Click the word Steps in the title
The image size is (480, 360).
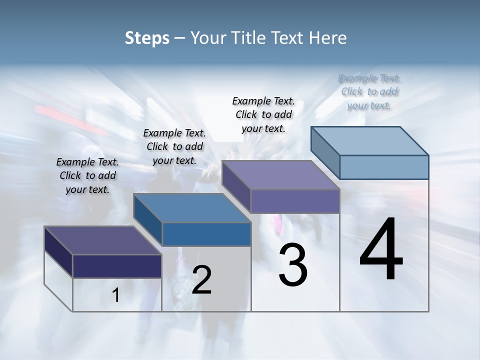147,38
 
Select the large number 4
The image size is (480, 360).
381,250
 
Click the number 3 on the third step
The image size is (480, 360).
293,265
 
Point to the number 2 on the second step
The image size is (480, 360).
201,280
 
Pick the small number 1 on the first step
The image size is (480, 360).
116,295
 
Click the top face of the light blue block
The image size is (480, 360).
370,140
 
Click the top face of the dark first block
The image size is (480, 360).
103,240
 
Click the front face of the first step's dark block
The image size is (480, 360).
117,266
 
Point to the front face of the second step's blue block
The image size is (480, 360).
206,234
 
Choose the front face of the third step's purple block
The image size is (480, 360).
295,201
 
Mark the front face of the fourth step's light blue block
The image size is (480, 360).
384,167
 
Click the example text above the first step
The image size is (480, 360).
87,175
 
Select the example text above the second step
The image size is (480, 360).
174,146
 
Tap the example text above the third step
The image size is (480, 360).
263,114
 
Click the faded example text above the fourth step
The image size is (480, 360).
369,91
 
